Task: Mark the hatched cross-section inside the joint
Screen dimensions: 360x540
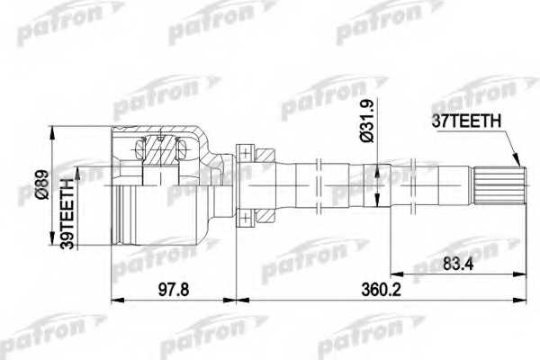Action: click(165, 149)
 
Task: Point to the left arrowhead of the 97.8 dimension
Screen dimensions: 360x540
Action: click(113, 297)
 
